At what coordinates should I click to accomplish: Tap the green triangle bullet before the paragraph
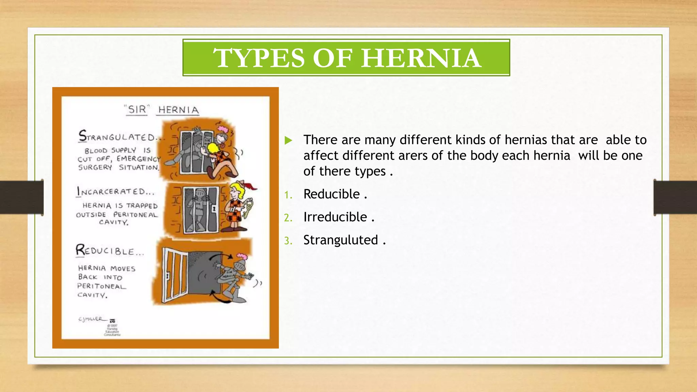(x=288, y=140)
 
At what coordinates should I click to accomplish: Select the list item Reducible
(x=331, y=194)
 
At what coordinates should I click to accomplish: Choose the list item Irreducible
(x=335, y=217)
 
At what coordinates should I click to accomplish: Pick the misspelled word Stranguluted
(x=341, y=240)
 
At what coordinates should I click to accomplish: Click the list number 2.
(x=288, y=218)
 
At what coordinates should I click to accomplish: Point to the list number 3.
(x=288, y=241)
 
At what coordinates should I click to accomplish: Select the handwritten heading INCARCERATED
(x=115, y=192)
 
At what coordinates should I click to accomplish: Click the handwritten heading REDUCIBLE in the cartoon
(x=110, y=251)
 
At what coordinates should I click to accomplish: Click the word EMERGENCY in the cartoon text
(x=139, y=159)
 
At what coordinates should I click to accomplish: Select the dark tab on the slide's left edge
(x=21, y=197)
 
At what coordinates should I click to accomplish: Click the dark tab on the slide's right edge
(x=675, y=197)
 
